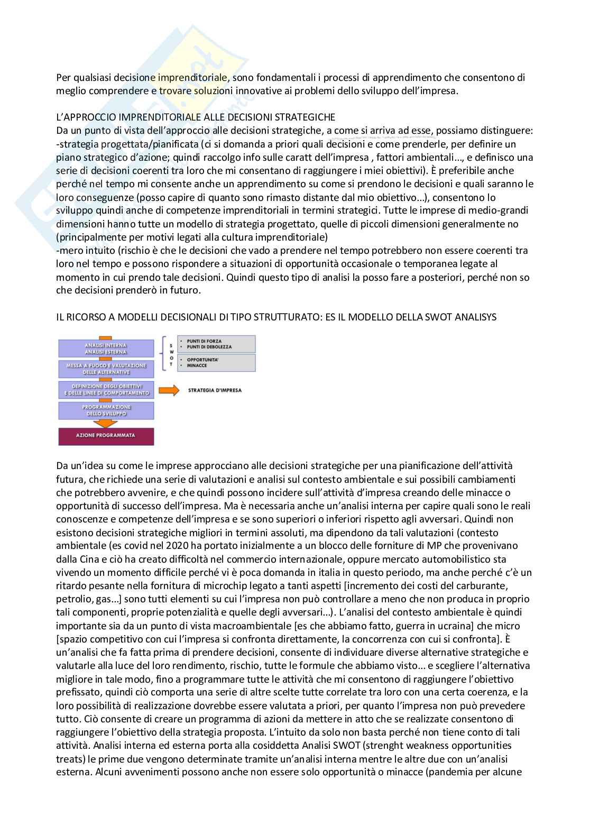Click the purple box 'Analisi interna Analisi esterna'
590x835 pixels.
(106, 348)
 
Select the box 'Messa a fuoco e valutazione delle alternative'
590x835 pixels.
(106, 369)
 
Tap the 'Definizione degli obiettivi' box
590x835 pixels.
(106, 390)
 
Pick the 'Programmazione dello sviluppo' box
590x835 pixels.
(106, 410)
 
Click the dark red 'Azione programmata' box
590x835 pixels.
(106, 435)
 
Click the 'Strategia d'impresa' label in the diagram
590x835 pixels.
(215, 390)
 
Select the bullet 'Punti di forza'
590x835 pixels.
(199, 341)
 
